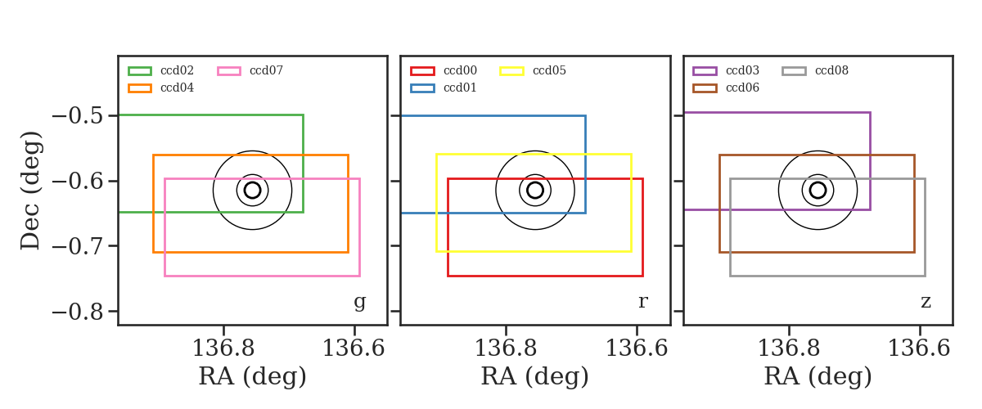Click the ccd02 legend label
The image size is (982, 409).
177,70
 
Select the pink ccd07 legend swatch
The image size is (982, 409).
229,71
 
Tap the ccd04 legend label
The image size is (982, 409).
177,88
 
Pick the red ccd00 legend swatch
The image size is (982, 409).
422,71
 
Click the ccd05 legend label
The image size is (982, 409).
549,70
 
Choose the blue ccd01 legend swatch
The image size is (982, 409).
422,88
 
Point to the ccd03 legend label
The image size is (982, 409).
743,70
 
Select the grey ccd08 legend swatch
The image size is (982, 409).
794,71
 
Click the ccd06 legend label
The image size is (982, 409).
743,88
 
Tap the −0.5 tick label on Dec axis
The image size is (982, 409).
78,116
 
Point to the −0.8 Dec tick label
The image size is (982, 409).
78,312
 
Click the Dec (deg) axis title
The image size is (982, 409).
31,191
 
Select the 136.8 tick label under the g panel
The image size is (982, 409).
223,348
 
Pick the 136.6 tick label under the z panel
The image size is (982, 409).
919,348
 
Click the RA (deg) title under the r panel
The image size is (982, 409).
535,376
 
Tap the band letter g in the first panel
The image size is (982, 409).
359,303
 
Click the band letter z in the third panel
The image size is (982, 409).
926,302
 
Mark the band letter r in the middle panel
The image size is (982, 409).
642,302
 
